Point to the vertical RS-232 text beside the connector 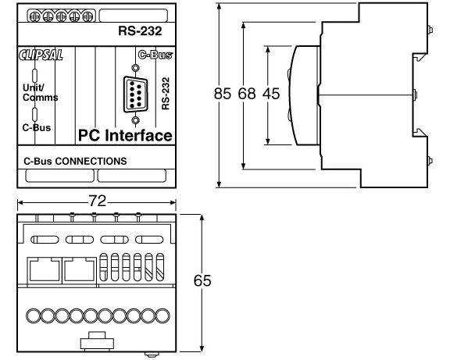(166, 92)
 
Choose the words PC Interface (125, 136)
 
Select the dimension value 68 (246, 94)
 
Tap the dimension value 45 (270, 94)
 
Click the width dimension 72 (98, 201)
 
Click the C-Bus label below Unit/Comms (34, 126)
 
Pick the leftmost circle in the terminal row (33, 315)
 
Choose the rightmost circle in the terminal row (164, 315)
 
